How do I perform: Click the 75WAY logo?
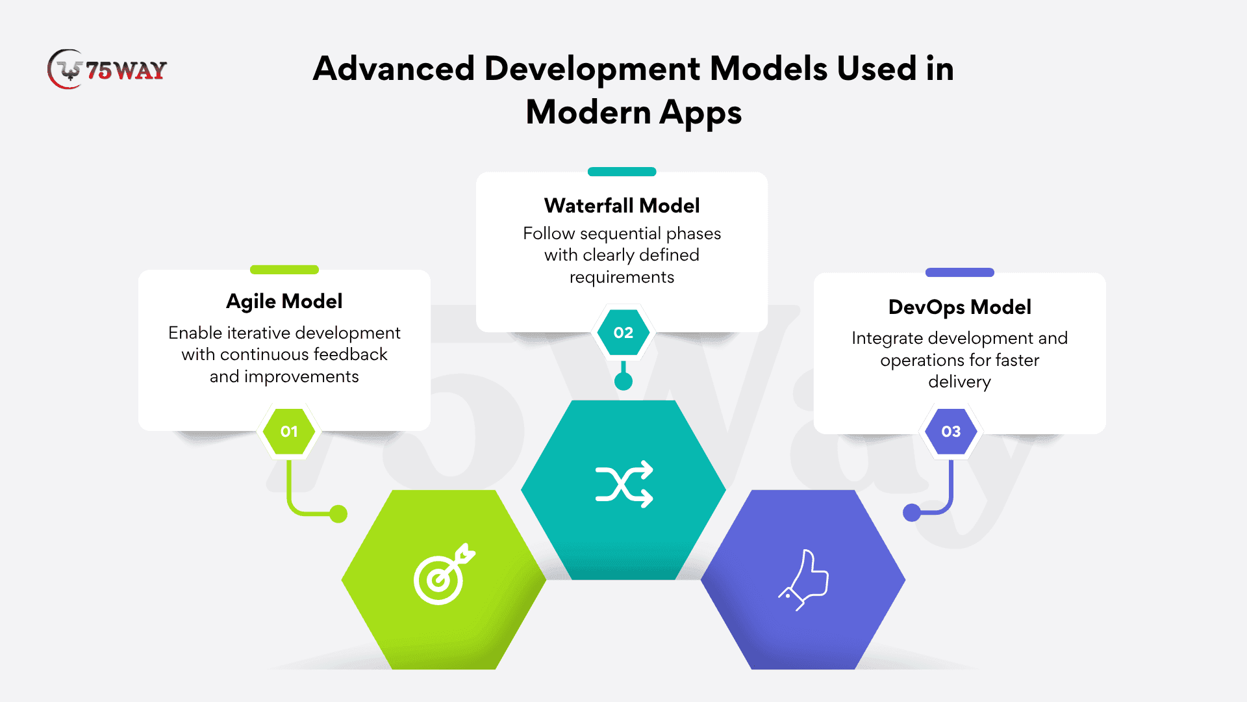pyautogui.click(x=107, y=70)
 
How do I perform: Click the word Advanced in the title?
pyautogui.click(x=394, y=69)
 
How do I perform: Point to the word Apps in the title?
pyautogui.click(x=701, y=113)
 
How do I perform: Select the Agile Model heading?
pyautogui.click(x=284, y=302)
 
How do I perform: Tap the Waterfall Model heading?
pyautogui.click(x=622, y=206)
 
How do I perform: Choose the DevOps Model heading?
pyautogui.click(x=960, y=307)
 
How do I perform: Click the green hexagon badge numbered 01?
pyautogui.click(x=289, y=431)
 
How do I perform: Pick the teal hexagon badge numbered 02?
pyautogui.click(x=623, y=333)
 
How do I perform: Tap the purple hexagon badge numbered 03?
pyautogui.click(x=951, y=432)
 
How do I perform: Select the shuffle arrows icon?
pyautogui.click(x=624, y=484)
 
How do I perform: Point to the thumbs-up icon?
pyautogui.click(x=804, y=580)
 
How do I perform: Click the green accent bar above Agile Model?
pyautogui.click(x=284, y=270)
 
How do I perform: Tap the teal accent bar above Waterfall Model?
pyautogui.click(x=622, y=172)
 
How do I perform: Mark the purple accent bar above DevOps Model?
pyautogui.click(x=960, y=272)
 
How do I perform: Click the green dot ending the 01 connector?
pyautogui.click(x=338, y=514)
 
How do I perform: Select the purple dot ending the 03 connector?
pyautogui.click(x=912, y=513)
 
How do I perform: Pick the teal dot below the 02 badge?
pyautogui.click(x=623, y=382)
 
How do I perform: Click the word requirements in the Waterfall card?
pyautogui.click(x=622, y=278)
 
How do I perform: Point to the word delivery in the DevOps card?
pyautogui.click(x=960, y=382)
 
